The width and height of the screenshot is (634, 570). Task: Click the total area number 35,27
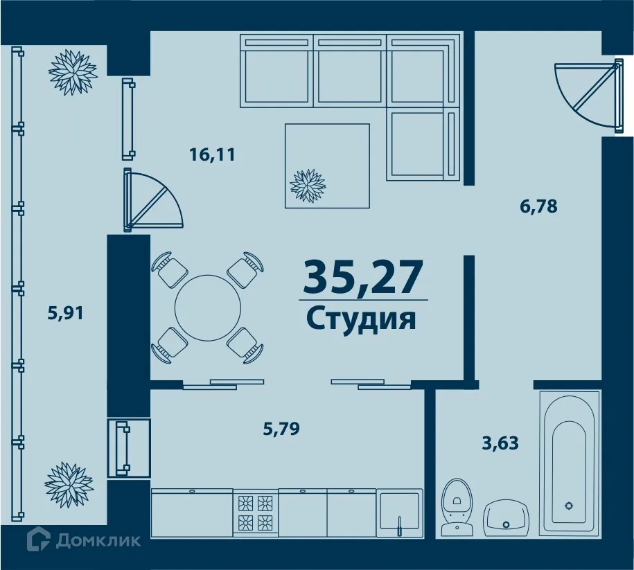(362, 276)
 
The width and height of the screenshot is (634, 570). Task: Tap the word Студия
(361, 319)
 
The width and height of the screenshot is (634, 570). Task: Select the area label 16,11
(213, 154)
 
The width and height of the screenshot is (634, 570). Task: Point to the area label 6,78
(538, 206)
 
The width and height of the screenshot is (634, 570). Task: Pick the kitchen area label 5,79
(281, 429)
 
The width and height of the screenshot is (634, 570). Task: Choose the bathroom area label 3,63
(500, 442)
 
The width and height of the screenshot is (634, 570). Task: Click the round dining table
(208, 308)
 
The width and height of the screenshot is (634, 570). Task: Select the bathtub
(570, 463)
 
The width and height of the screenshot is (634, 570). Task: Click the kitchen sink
(399, 513)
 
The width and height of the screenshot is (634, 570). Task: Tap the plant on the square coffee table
(307, 185)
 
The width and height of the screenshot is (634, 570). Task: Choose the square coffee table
(327, 165)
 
